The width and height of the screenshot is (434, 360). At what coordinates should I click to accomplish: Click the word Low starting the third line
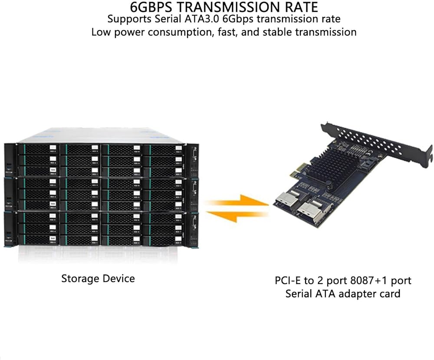(x=101, y=32)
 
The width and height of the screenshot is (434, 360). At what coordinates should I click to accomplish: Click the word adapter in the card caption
(x=359, y=294)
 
